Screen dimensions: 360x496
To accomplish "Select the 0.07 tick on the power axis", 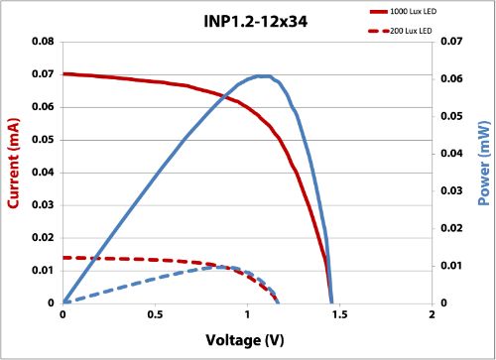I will tap(453, 42).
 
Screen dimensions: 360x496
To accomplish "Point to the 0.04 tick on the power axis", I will tap(453, 154).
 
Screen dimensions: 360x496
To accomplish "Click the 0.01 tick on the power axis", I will tap(453, 266).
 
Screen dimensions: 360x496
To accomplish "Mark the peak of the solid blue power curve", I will tap(262, 75).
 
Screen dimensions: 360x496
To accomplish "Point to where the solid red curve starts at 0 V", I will tap(63, 73).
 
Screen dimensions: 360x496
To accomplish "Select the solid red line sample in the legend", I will tap(383, 10).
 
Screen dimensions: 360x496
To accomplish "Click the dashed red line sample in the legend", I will tap(383, 32).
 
